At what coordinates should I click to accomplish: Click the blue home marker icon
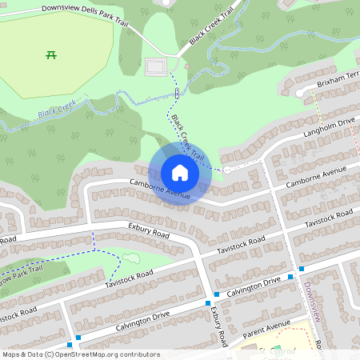pos(180,173)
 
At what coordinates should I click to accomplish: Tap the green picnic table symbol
pos(51,54)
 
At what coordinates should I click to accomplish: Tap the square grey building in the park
pos(157,66)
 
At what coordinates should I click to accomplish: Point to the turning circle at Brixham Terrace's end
pos(302,93)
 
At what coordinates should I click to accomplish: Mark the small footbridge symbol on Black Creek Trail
pos(176,94)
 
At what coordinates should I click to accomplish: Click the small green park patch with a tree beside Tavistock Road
pos(130,259)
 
